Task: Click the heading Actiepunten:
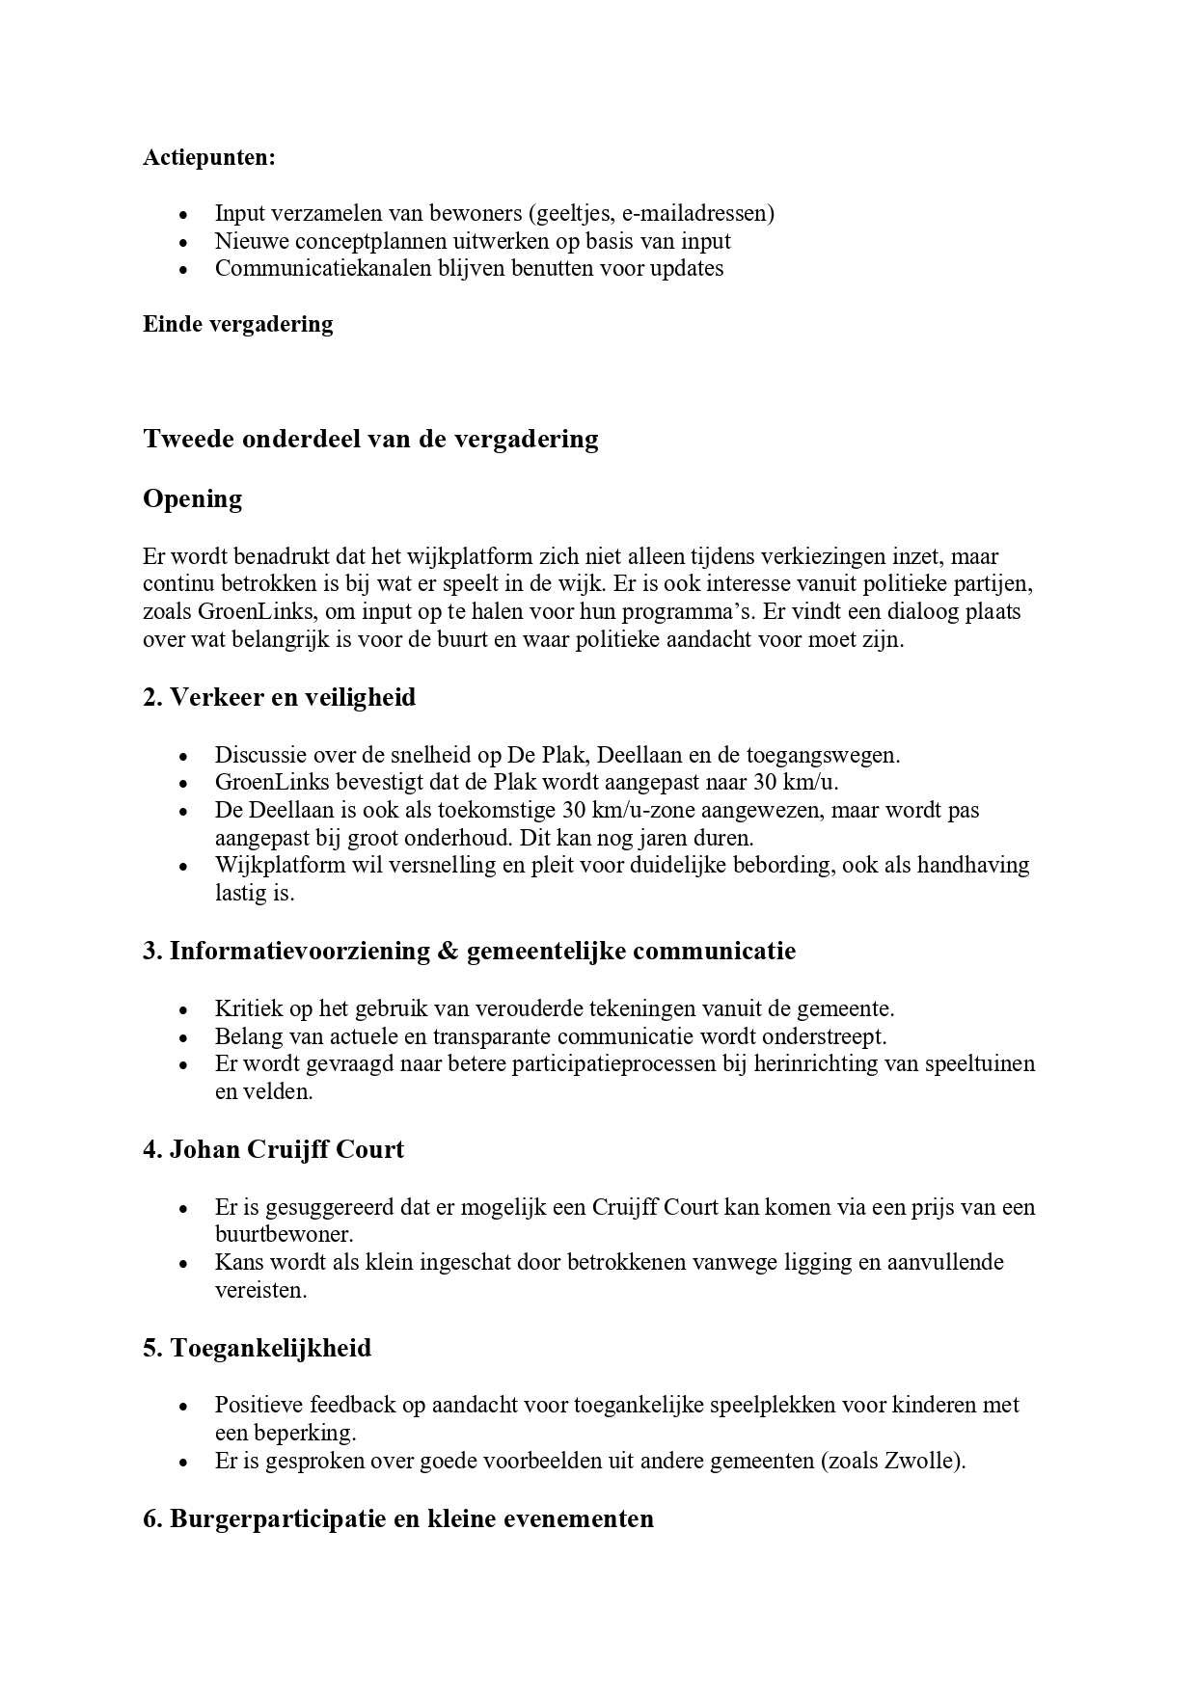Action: (208, 157)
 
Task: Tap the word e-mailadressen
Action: (702, 213)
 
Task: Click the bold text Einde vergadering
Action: (237, 324)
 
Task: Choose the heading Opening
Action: (192, 498)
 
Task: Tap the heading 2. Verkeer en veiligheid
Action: (279, 697)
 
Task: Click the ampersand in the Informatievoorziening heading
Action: (446, 952)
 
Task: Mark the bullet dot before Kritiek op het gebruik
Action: (183, 1010)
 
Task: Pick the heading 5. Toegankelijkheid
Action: (257, 1348)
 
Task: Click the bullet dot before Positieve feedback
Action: (183, 1407)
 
